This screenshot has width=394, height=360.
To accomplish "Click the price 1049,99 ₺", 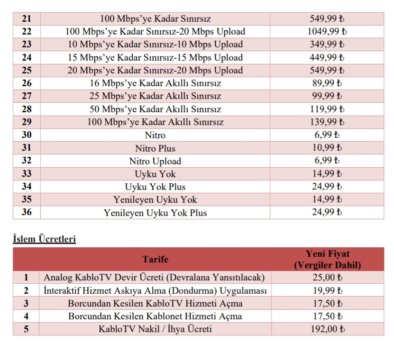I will click(x=327, y=32).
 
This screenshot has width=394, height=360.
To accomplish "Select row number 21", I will click(x=26, y=19).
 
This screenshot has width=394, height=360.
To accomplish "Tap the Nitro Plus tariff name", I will click(x=155, y=148).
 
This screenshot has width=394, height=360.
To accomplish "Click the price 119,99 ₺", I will click(x=327, y=109).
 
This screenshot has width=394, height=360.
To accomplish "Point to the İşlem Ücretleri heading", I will click(x=44, y=239).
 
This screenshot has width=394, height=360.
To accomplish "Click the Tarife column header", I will click(x=155, y=259).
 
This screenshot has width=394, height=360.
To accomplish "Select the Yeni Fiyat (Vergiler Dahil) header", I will click(x=327, y=259).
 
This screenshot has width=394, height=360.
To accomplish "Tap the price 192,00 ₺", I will click(x=327, y=329).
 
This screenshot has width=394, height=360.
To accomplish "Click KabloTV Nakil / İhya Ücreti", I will click(x=155, y=329).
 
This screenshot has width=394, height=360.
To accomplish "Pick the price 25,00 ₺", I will click(x=327, y=277).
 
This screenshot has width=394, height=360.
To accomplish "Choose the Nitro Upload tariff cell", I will click(x=155, y=161).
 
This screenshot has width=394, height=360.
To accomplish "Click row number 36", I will click(x=27, y=213).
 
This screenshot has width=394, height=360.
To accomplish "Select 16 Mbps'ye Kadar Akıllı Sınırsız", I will click(x=155, y=83).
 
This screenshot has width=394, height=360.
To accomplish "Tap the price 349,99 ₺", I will click(x=327, y=45).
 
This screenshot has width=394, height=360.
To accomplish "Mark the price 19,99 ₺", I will click(x=327, y=290).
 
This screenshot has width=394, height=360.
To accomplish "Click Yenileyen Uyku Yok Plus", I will click(x=155, y=213).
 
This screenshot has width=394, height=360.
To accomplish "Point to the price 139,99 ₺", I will click(x=327, y=122).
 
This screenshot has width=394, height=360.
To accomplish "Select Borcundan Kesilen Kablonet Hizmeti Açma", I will click(x=155, y=316).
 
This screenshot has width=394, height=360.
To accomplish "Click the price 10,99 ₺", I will click(x=327, y=148).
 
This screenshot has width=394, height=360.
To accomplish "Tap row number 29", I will click(x=27, y=122).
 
